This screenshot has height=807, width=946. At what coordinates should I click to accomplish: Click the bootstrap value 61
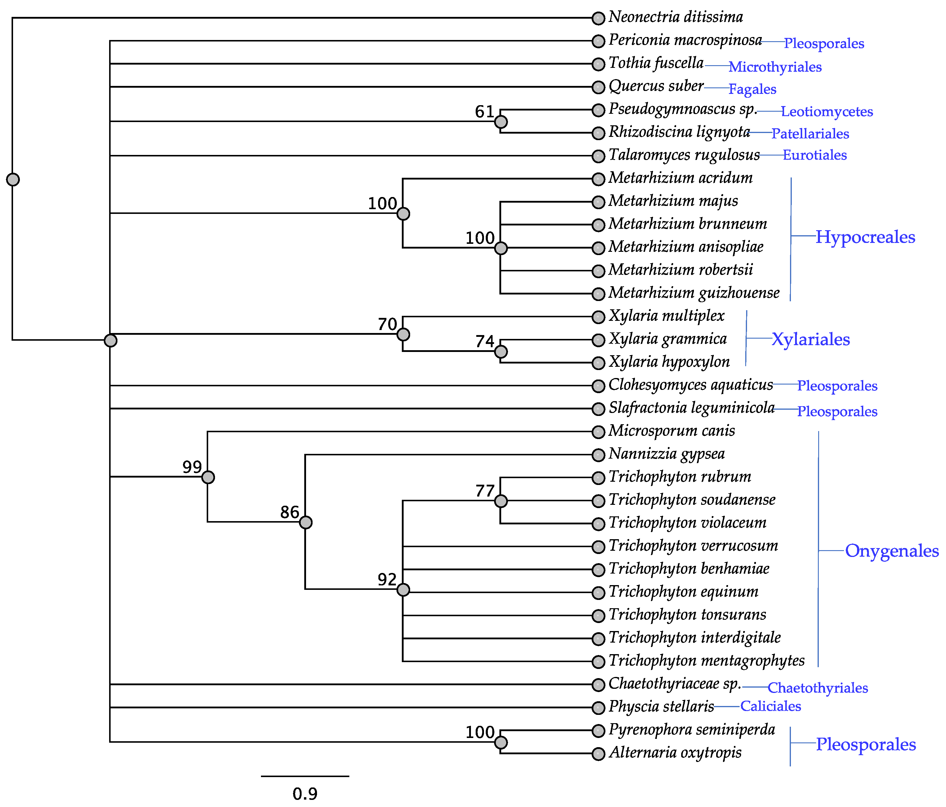coord(484,112)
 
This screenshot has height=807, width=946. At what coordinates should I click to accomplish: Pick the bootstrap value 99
coord(192,467)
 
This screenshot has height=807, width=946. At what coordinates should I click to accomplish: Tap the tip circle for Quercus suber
coord(598,87)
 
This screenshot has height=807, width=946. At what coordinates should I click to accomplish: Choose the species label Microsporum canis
coord(672,431)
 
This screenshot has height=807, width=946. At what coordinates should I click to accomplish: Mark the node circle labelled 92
coord(403,590)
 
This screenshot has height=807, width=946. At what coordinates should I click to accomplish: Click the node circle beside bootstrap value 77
coord(501,501)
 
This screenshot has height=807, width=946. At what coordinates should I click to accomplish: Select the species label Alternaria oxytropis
coord(675,753)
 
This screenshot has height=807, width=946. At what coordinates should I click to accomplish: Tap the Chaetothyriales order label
coord(818,688)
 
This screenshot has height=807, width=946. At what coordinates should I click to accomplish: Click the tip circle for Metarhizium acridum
coord(598,179)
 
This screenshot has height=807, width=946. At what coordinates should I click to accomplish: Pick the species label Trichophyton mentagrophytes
coord(706,661)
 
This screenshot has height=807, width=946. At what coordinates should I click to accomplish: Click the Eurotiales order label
coord(815,155)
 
